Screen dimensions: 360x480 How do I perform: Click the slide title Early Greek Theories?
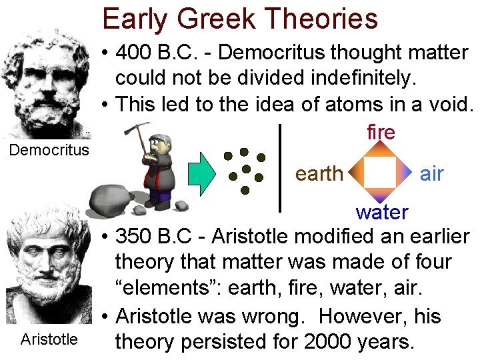(x=240, y=19)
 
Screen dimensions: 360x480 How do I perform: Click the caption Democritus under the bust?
(x=48, y=149)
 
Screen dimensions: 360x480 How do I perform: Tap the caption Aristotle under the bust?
(x=49, y=339)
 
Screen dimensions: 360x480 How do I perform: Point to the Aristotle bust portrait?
(x=48, y=267)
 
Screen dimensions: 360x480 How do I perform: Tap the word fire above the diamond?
(x=381, y=132)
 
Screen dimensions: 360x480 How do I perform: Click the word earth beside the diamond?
(x=319, y=173)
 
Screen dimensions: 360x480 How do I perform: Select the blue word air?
(x=432, y=173)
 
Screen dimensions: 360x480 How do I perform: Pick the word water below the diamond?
(x=382, y=212)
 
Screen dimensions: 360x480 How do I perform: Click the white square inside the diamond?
(x=380, y=173)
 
